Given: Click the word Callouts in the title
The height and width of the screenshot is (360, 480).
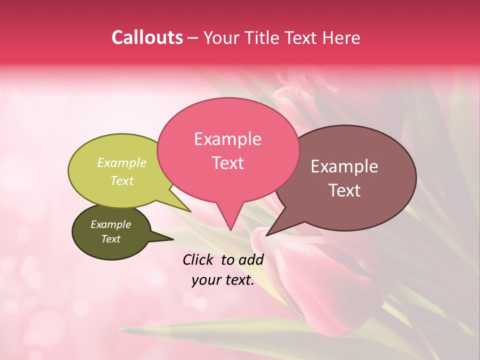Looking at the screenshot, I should coord(147,37).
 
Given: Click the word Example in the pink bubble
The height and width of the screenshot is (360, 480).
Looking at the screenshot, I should coord(227,139).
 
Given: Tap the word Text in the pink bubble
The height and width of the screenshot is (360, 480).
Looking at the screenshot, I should coord(227,163).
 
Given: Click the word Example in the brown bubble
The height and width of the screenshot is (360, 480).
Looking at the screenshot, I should coord(344,166).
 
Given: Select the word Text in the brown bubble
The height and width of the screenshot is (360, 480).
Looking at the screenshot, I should coord(345,190).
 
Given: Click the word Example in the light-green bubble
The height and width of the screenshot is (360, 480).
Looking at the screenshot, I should coord(122,162).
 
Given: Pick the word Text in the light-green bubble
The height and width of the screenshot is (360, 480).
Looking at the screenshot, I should coord(122,180).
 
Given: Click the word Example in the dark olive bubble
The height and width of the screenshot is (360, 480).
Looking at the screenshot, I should coord(110,224).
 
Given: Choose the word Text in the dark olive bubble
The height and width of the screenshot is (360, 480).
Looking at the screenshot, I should coord(110,239).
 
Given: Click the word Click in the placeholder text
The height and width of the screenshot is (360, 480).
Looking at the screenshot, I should coord(198,259).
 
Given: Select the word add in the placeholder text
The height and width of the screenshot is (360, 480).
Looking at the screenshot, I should coord(251,259).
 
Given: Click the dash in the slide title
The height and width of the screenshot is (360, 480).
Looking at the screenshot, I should coord(193,38).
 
